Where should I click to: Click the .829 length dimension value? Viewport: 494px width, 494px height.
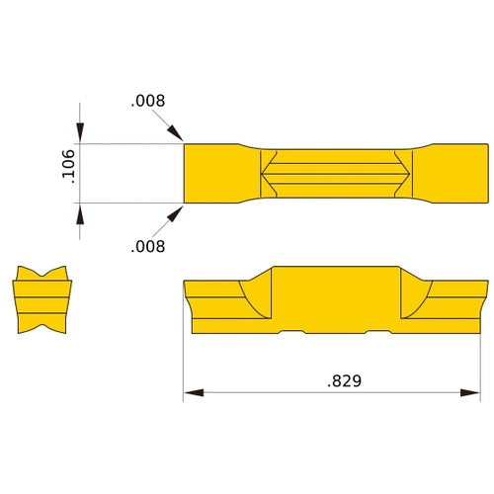(343, 380)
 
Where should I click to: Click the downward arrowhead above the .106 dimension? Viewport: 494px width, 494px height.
(80, 135)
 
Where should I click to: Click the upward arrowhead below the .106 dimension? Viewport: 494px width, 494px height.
(80, 212)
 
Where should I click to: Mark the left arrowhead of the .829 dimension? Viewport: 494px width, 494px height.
(192, 394)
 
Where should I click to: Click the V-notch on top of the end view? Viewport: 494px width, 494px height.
(42, 272)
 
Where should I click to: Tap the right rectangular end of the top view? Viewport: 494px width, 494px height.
(459, 174)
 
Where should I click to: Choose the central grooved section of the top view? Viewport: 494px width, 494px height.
(336, 174)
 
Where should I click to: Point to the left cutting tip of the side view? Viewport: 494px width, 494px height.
(187, 286)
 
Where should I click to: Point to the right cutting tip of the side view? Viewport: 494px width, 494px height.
(485, 286)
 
